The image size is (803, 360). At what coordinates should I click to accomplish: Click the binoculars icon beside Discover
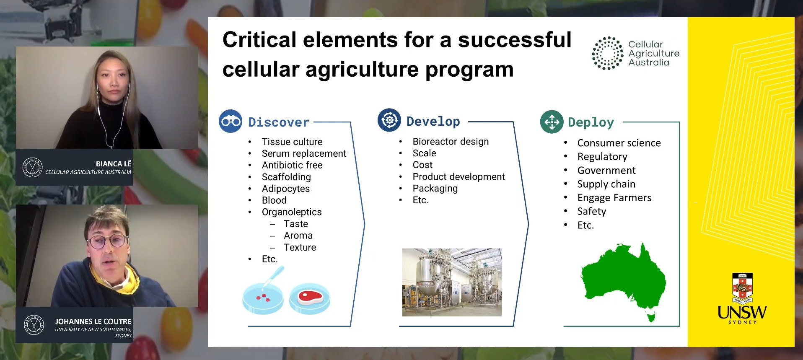pos(231,121)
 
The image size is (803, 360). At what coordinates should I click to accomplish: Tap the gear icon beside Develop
pos(389,120)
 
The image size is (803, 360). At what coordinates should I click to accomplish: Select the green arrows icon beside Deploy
pos(552,122)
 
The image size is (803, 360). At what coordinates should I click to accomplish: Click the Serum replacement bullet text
pos(304,153)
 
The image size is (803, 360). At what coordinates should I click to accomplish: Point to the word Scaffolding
pos(286,177)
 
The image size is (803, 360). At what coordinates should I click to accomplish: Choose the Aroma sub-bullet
pos(298,236)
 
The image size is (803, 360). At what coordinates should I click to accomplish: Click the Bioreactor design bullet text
pos(451,142)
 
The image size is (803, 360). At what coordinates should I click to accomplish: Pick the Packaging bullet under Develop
pos(435,189)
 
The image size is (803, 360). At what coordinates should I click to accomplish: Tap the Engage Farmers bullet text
pos(614,198)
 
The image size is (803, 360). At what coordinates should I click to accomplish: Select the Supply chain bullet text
pos(606,184)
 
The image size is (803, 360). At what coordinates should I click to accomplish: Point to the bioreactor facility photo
pos(452,282)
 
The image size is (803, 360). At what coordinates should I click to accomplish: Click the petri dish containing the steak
pos(310,298)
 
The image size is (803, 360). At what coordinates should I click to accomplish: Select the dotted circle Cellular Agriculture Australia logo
pos(607,53)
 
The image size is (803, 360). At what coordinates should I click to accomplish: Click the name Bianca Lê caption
pos(114,164)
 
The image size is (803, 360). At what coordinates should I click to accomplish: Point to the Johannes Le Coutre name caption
pos(93,321)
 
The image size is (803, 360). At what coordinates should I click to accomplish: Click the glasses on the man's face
pos(107,241)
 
